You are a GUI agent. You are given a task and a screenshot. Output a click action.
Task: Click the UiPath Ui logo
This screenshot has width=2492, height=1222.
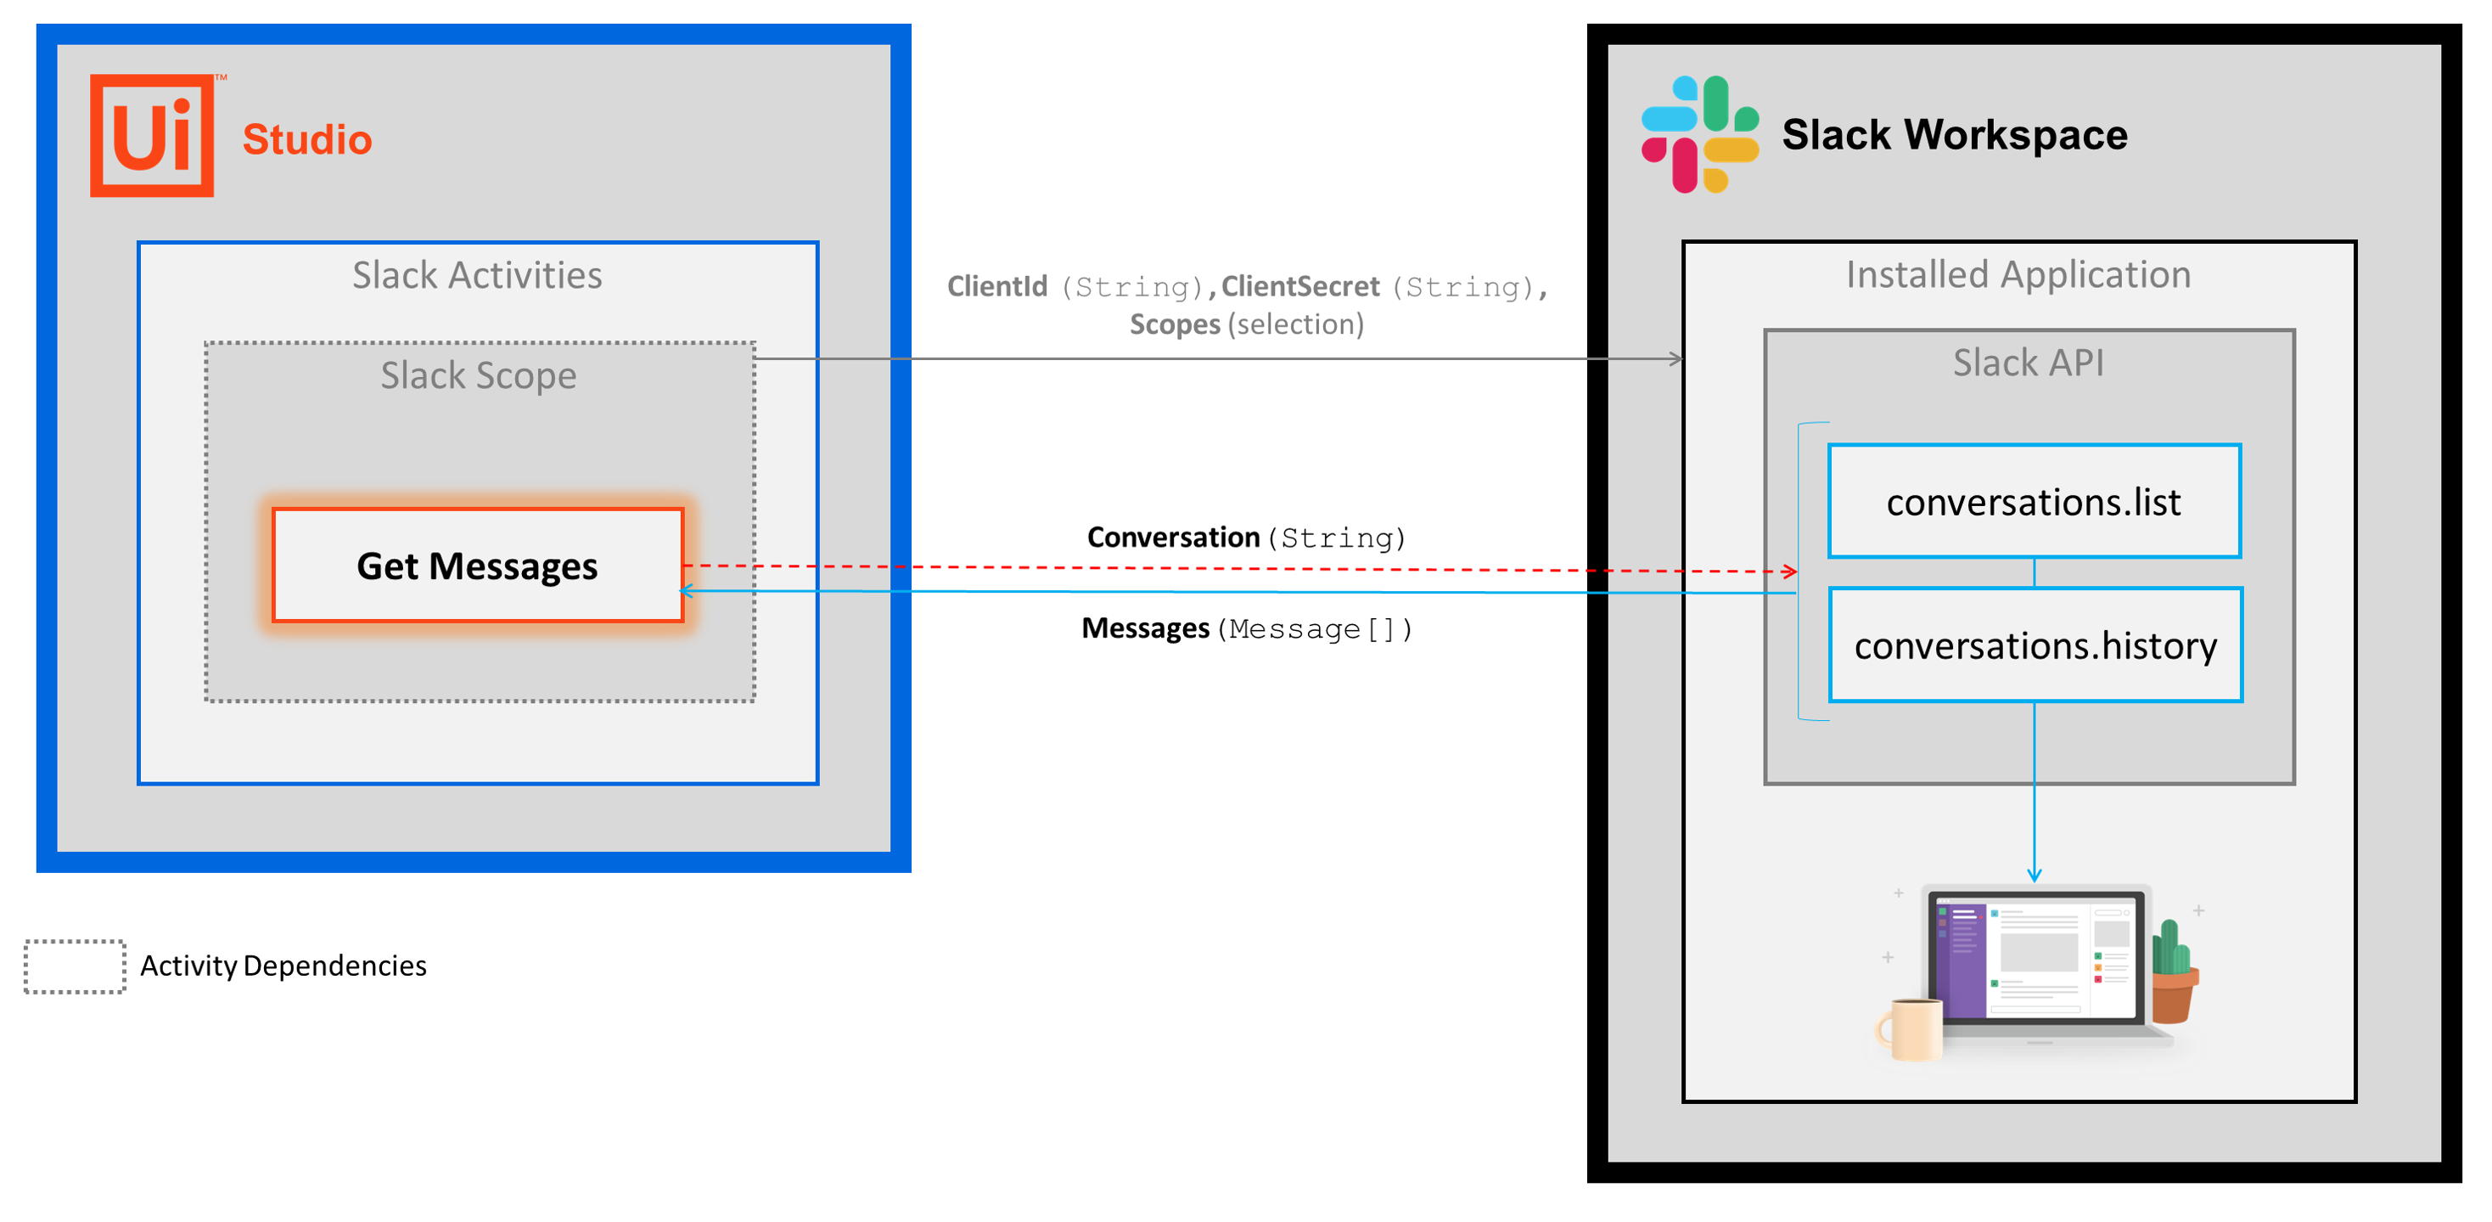[x=153, y=136]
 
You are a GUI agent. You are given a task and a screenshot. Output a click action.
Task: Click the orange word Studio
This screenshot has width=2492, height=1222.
[x=306, y=139]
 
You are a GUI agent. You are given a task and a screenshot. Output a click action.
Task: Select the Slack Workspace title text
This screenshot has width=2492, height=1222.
[x=1954, y=134]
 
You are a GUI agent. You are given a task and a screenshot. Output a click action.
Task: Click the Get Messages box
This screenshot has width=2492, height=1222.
[x=478, y=565]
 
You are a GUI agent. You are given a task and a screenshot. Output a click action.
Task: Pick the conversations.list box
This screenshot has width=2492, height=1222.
[x=2034, y=501]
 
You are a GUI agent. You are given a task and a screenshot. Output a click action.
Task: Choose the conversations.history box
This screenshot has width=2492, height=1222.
[x=2035, y=645]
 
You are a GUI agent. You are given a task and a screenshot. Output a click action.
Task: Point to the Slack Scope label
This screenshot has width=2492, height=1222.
[x=478, y=375]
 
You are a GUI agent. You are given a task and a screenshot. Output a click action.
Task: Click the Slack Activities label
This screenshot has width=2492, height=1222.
[x=477, y=276]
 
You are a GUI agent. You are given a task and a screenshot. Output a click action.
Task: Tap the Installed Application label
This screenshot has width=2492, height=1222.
[x=2018, y=275]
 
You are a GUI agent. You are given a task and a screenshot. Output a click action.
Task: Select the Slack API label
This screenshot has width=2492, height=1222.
[x=2028, y=363]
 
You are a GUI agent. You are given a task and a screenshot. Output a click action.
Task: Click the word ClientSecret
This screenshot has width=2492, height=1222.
[x=1299, y=286]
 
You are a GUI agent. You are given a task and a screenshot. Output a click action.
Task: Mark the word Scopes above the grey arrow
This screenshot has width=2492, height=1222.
[x=1175, y=324]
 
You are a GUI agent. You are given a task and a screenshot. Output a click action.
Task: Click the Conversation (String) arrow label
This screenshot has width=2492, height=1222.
[x=1246, y=537]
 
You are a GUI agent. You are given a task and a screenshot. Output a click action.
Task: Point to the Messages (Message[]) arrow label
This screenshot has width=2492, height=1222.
[x=1246, y=629]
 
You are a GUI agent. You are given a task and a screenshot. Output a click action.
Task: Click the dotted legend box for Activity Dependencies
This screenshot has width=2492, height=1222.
[x=75, y=966]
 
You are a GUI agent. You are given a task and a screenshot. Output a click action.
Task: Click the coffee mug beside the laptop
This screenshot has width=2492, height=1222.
[x=1911, y=1028]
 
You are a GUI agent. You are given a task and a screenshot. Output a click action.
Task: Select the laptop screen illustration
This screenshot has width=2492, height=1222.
[x=2035, y=956]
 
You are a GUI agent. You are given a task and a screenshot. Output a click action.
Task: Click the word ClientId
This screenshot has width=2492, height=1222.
[x=996, y=286]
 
